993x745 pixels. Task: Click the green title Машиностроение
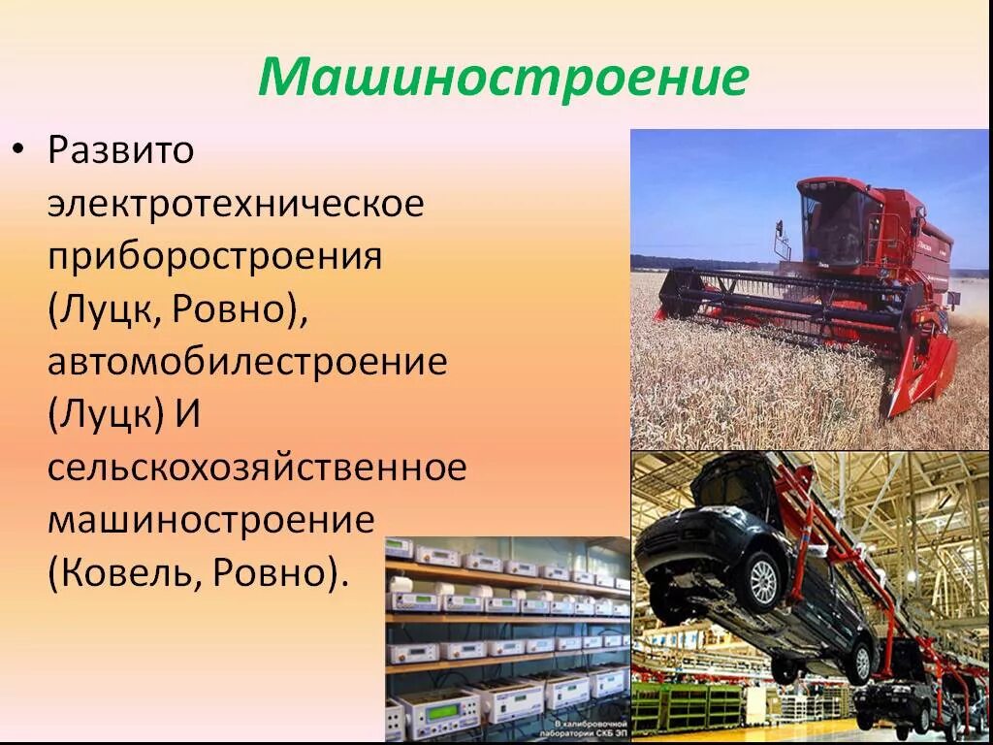(502, 77)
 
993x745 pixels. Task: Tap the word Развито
(121, 150)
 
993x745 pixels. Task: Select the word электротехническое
(236, 204)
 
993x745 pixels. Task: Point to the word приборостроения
(214, 257)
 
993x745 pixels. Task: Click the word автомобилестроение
(247, 363)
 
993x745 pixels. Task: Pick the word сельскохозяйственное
(257, 468)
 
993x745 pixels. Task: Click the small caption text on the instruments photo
(577, 729)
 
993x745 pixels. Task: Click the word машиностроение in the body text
(210, 520)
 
